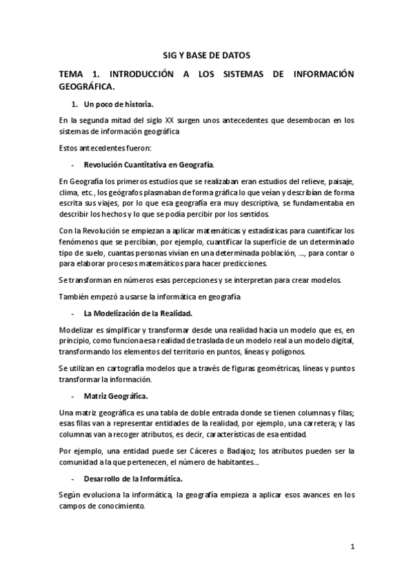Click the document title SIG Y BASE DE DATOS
point(206,54)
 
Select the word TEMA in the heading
point(72,74)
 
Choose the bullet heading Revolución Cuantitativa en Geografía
point(149,165)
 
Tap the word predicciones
point(245,263)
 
